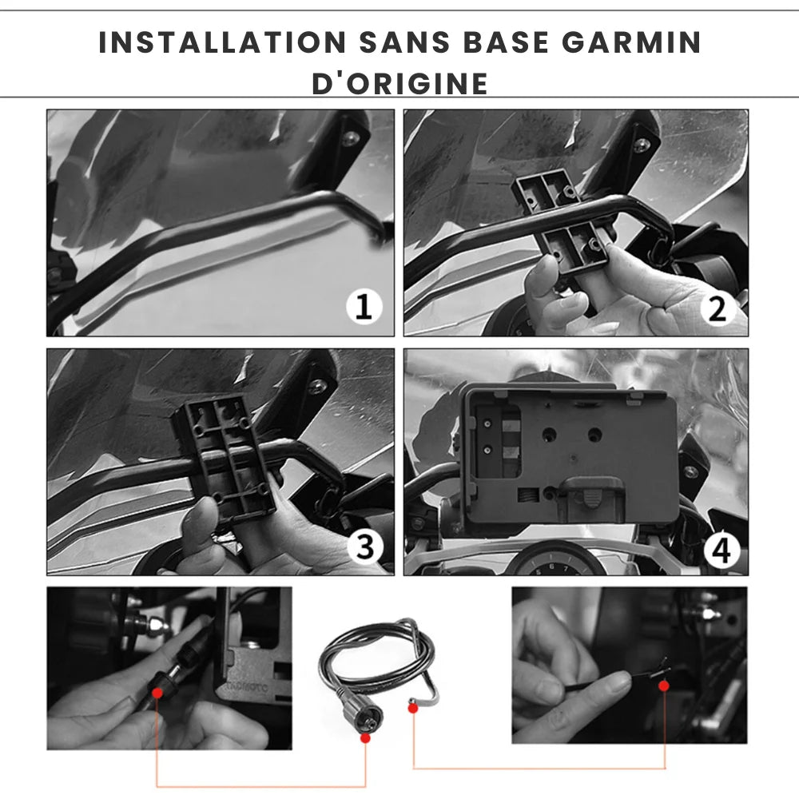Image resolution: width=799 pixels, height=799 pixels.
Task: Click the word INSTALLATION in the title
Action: [x=222, y=42]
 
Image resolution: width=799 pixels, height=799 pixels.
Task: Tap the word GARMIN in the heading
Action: [x=631, y=42]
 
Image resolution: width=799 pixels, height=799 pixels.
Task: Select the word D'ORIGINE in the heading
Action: [x=400, y=84]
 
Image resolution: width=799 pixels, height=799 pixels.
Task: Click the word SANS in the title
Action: [x=404, y=42]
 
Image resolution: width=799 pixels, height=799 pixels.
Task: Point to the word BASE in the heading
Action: [x=506, y=42]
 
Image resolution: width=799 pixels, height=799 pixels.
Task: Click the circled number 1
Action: [x=364, y=307]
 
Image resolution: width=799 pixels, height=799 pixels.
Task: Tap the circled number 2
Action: [x=718, y=308]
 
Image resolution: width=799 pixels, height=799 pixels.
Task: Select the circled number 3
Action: [x=365, y=547]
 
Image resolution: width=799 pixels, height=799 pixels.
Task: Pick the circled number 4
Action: [x=721, y=551]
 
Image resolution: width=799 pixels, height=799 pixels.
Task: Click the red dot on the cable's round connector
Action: [x=365, y=737]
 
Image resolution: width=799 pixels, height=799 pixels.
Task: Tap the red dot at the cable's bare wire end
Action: [x=413, y=708]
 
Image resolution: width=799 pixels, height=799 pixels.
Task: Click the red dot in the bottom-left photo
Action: [x=157, y=693]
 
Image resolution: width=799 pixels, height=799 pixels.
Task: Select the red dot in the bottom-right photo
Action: [x=663, y=686]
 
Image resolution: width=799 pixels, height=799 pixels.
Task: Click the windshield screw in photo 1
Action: [x=350, y=138]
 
